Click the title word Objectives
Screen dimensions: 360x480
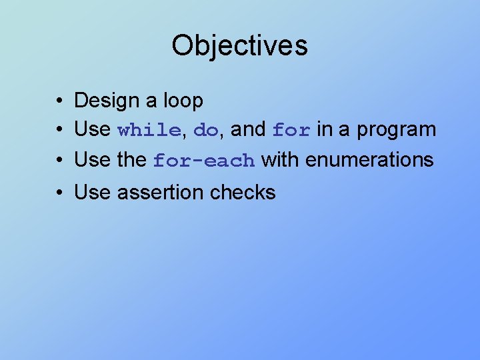pos(239,46)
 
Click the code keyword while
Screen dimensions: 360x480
pos(149,131)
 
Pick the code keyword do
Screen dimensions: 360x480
pos(205,131)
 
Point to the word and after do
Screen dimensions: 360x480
pos(248,129)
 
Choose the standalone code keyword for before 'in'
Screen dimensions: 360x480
pos(291,131)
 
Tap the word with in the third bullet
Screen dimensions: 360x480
pos(280,160)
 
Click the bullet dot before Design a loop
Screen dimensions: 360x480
pos(60,101)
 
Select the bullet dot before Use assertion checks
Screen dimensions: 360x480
pos(60,193)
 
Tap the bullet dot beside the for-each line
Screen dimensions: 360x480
pos(60,161)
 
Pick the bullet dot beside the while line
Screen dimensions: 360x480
pos(60,130)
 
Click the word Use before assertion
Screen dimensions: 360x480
pos(92,193)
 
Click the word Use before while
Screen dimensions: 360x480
pos(92,129)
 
